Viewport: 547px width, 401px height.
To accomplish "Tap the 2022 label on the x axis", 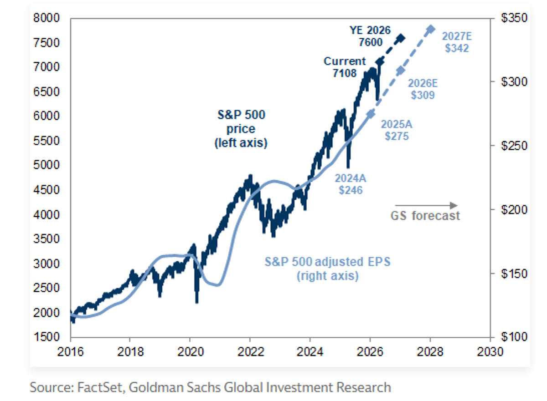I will (x=250, y=352).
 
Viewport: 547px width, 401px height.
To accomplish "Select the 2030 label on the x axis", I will (x=490, y=352).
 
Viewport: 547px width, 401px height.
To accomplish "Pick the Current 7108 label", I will (x=345, y=67).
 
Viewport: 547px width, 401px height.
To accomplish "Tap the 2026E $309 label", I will (x=422, y=89).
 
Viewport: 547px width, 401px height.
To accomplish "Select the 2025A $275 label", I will (x=395, y=130).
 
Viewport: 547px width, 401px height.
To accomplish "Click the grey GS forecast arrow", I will (x=426, y=205).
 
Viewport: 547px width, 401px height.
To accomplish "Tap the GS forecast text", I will (x=425, y=216).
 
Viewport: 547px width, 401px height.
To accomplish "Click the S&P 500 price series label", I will (x=240, y=128).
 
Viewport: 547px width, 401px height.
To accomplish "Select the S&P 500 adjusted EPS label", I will (x=328, y=269).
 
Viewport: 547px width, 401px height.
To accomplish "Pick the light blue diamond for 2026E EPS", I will (x=400, y=70).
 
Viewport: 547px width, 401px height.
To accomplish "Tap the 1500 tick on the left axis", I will (x=47, y=337).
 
